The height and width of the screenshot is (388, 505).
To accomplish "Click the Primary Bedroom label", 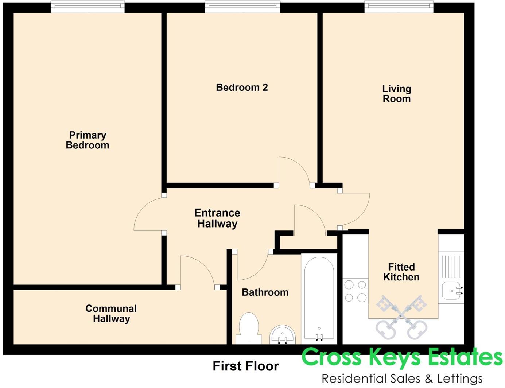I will pyautogui.click(x=88, y=140).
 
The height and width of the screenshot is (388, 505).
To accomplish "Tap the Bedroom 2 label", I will pyautogui.click(x=242, y=88).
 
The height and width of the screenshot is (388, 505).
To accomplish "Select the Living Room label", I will pyautogui.click(x=396, y=94).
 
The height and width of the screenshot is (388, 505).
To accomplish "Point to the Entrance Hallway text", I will pyautogui.click(x=217, y=218).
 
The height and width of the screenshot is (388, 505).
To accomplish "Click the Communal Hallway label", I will pyautogui.click(x=111, y=314).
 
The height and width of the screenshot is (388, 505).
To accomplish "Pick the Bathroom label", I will pyautogui.click(x=265, y=292).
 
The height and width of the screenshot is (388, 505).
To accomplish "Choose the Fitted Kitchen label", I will pyautogui.click(x=401, y=272).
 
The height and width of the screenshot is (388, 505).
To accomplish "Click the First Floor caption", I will pyautogui.click(x=246, y=366).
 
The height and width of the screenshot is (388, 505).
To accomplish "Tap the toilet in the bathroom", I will pyautogui.click(x=249, y=328).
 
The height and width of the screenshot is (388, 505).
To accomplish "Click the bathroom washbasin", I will pyautogui.click(x=283, y=334).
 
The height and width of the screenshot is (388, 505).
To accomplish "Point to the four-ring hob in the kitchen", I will pyautogui.click(x=355, y=291).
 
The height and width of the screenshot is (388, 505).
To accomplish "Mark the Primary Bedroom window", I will pyautogui.click(x=88, y=7).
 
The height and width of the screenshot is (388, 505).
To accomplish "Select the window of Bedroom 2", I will pyautogui.click(x=242, y=7).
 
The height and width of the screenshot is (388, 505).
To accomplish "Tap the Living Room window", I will pyautogui.click(x=399, y=7).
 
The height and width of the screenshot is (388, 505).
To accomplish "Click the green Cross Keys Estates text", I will pyautogui.click(x=402, y=357).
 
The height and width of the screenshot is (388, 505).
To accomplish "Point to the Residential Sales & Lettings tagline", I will pyautogui.click(x=402, y=379).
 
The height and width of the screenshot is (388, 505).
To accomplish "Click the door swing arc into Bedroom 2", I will pyautogui.click(x=295, y=170).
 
